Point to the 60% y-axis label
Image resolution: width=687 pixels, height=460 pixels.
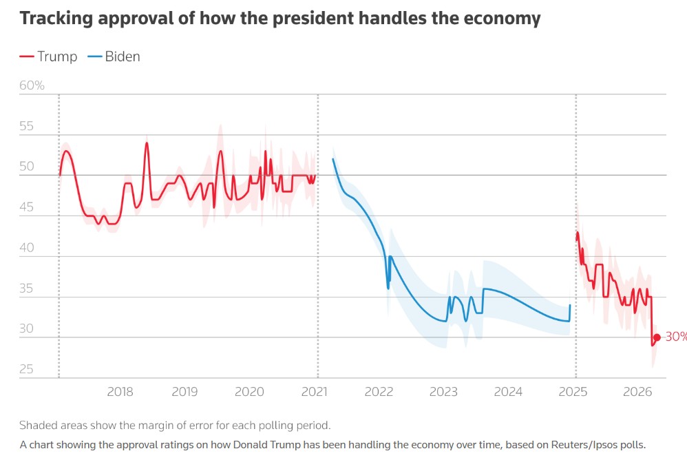[x=32, y=86]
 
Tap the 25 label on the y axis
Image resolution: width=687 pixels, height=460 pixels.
[x=27, y=370]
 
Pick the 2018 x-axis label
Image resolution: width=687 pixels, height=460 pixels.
[x=120, y=393]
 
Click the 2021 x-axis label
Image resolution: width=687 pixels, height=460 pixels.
[x=315, y=393]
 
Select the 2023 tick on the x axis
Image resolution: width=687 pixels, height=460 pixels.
[x=443, y=393]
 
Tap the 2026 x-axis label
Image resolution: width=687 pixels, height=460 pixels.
[x=637, y=393]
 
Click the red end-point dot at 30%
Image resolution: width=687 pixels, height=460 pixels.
[x=657, y=337]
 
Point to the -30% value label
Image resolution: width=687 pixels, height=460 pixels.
[x=675, y=337]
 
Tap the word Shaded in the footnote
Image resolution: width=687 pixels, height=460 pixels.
[x=39, y=425]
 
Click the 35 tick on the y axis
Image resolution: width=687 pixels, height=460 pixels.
[x=27, y=289]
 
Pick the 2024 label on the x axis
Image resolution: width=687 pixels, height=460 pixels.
[x=508, y=393]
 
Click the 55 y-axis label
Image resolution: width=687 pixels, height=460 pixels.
[x=27, y=127]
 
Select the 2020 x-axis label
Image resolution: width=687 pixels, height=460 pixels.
[x=249, y=393]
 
